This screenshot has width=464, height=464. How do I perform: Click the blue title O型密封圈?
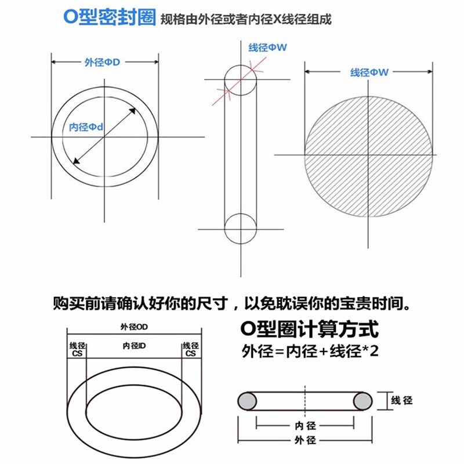click(x=110, y=17)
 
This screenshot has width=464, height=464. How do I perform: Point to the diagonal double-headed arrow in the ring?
click(x=104, y=137)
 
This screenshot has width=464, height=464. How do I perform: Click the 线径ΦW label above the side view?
click(x=267, y=48)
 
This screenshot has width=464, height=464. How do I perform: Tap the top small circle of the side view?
click(x=240, y=78)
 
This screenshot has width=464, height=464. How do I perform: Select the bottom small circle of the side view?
click(x=240, y=229)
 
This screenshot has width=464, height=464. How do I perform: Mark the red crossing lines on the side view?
click(x=227, y=90)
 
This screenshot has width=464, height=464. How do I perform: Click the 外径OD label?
click(x=135, y=327)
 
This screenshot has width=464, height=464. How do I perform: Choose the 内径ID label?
click(x=135, y=346)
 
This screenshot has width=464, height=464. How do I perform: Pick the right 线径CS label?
click(x=190, y=349)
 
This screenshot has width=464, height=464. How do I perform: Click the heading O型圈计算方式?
click(x=309, y=330)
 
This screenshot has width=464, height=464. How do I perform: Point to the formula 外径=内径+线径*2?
click(x=310, y=351)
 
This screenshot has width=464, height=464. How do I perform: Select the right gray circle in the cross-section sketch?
click(x=362, y=401)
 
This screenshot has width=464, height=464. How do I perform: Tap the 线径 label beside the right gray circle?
click(x=402, y=401)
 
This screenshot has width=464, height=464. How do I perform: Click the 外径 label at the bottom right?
click(x=304, y=440)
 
